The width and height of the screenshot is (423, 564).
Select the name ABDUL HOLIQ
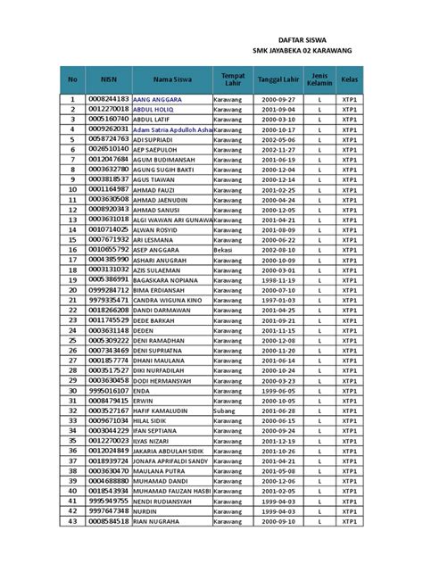[153, 109]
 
